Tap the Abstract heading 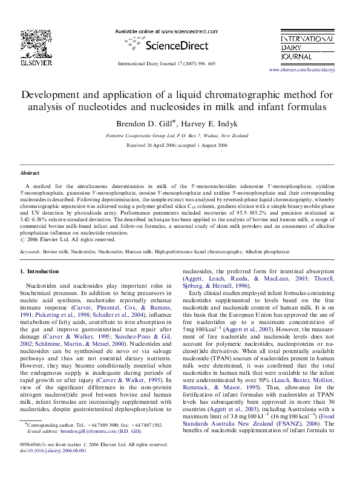[x=30, y=172]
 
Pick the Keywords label [x=30, y=250]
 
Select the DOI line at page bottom [x=53, y=450]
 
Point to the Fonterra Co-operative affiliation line [x=180, y=136]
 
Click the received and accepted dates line [x=180, y=146]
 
